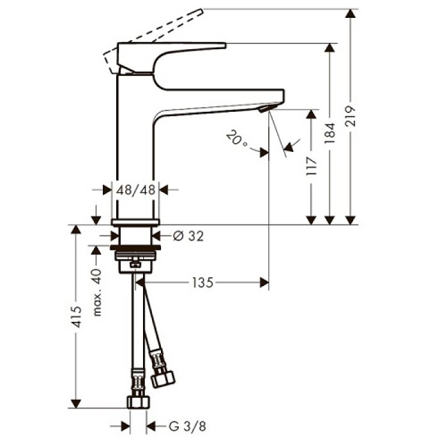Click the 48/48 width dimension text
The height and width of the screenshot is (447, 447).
click(135, 189)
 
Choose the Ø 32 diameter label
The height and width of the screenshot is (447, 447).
click(188, 236)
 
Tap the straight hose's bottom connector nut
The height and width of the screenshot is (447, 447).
click(139, 401)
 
